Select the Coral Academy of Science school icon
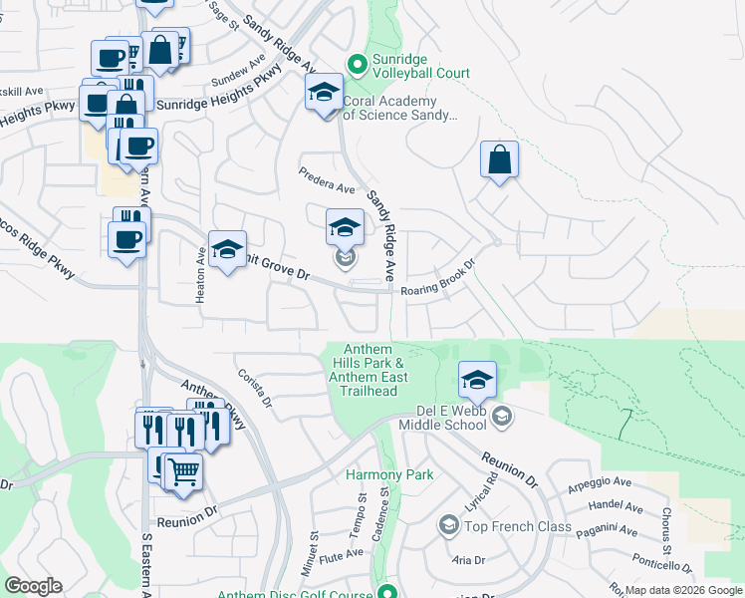323,96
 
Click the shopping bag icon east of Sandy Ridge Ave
499,160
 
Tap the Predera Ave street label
328,179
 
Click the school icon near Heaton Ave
227,251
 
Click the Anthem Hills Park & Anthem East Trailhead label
372,370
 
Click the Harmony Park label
389,475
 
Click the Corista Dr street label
255,388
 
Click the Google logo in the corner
33,586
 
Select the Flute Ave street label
342,554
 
